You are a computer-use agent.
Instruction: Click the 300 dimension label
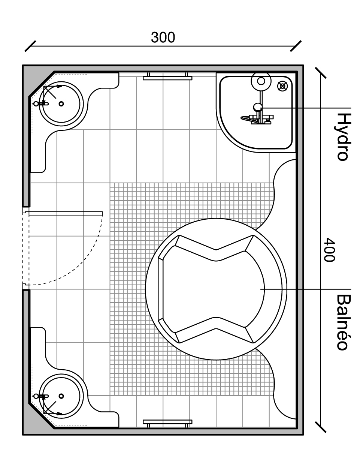(163, 37)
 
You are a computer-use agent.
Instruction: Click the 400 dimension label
(329, 250)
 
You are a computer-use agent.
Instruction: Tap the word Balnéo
(343, 322)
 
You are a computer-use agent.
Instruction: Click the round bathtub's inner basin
(213, 289)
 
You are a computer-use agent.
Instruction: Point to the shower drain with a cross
(282, 86)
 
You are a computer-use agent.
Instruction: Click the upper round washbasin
(61, 104)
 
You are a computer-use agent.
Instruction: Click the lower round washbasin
(61, 396)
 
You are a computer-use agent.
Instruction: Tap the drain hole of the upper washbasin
(61, 104)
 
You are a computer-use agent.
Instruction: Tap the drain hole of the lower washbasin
(61, 396)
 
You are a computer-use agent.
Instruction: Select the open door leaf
(66, 213)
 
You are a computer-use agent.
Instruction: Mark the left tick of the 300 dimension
(30, 46)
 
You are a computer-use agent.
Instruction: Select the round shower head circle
(261, 81)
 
